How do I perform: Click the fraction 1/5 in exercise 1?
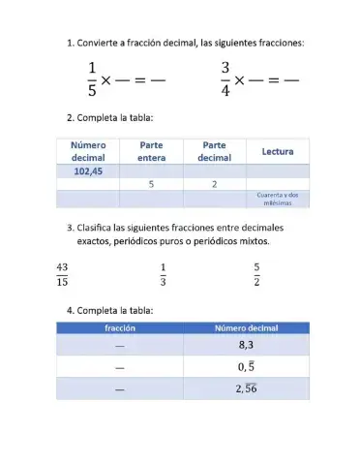(93, 79)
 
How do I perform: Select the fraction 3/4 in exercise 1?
(225, 79)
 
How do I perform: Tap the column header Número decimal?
(88, 151)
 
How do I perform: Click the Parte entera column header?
(152, 151)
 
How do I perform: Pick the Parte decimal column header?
(214, 151)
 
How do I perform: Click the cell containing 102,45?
(88, 171)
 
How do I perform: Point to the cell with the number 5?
(152, 184)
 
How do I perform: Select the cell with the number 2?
(214, 184)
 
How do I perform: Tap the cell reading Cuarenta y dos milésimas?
(278, 199)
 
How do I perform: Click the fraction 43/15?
(62, 274)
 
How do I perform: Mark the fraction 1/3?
(163, 274)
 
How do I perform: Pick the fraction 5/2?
(256, 274)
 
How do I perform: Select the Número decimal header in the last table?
(246, 328)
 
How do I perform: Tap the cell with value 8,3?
(246, 345)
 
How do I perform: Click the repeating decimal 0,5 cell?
(246, 367)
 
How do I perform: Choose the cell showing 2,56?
(246, 388)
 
